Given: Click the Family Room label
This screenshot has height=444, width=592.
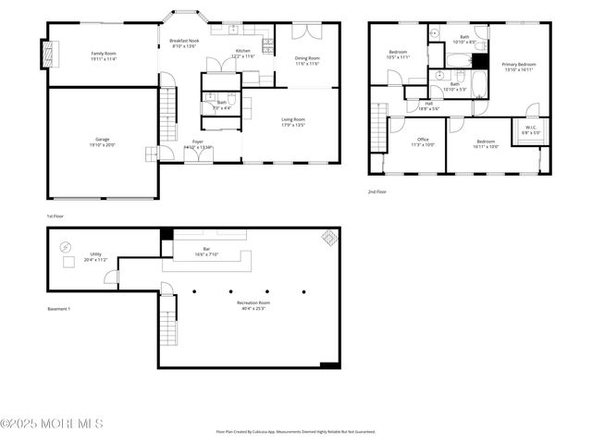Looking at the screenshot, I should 103,54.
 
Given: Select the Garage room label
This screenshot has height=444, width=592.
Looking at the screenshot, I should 102,139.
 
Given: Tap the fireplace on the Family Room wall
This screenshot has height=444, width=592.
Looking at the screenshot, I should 48,54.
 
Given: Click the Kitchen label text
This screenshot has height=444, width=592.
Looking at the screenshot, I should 242,51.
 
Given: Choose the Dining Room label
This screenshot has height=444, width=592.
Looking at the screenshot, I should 307,58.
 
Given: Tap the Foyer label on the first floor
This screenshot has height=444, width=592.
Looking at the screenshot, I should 198,142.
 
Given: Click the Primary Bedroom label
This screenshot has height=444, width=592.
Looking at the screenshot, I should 520,63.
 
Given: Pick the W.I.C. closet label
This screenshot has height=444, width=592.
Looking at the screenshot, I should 531,128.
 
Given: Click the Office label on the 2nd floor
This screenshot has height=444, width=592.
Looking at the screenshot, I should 423,139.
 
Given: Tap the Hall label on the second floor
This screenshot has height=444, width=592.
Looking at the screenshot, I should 429,103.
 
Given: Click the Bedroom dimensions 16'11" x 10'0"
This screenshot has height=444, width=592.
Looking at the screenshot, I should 487,146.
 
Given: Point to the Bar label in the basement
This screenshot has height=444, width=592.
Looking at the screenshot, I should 206,248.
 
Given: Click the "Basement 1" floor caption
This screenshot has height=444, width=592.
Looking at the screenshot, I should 59,309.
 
